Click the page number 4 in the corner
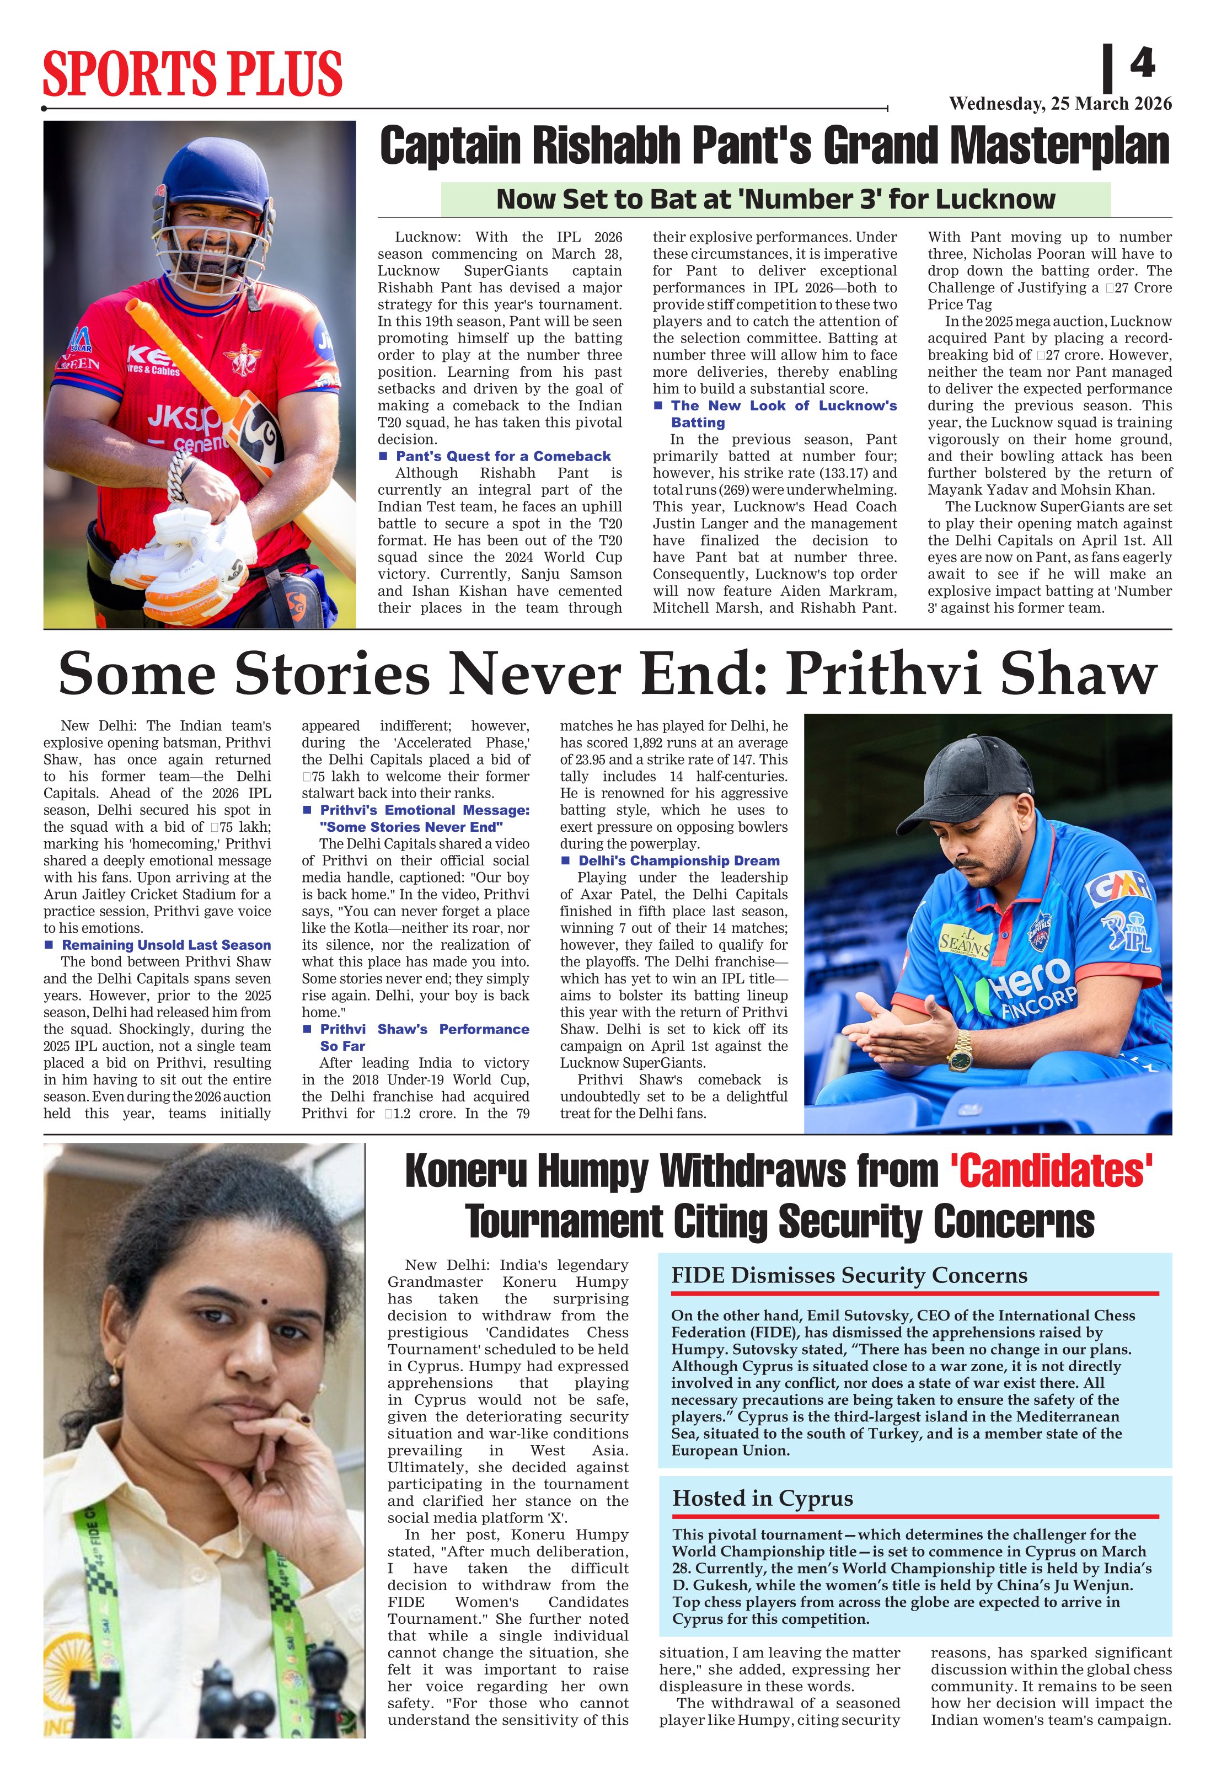pos(1142,63)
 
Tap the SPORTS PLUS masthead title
pos(192,73)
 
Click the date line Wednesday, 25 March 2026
pos(1060,104)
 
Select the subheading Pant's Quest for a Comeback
pos(502,456)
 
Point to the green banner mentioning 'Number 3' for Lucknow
pos(775,199)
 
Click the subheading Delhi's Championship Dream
pos(678,860)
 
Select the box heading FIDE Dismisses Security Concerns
pos(849,1275)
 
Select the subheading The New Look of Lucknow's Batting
pos(783,414)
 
